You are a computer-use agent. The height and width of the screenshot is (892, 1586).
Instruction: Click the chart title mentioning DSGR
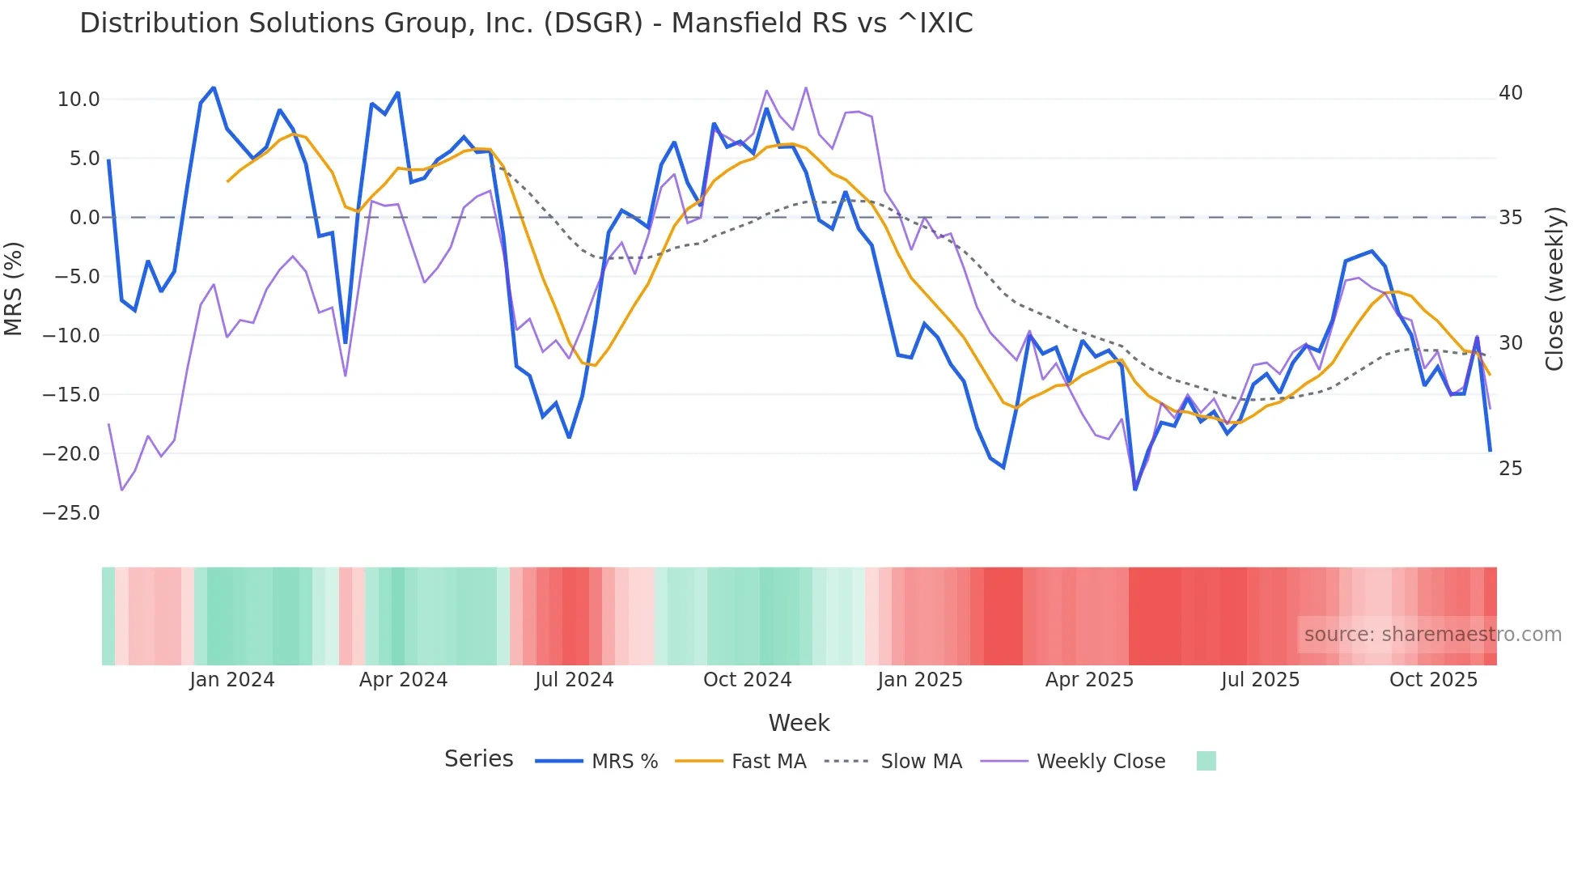click(x=526, y=23)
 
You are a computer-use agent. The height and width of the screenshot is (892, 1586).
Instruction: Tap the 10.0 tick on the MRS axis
click(x=78, y=100)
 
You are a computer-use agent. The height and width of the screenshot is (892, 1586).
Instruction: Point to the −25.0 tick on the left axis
click(x=71, y=513)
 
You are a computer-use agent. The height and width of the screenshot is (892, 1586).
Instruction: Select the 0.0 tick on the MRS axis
click(x=84, y=218)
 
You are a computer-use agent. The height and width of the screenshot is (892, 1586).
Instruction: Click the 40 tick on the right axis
click(x=1510, y=93)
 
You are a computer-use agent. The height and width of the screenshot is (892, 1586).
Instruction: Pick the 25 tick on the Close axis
click(x=1510, y=469)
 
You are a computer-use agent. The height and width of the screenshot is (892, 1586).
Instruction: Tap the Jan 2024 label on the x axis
click(x=232, y=680)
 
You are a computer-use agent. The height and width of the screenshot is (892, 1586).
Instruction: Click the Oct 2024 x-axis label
click(x=747, y=680)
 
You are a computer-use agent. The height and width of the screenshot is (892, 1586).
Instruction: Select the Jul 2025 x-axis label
click(x=1260, y=680)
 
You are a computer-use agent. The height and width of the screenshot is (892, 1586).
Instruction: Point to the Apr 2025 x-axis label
click(x=1089, y=680)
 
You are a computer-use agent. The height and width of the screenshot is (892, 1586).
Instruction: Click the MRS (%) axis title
click(x=14, y=288)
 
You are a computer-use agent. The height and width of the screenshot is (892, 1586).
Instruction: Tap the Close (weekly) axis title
click(x=1554, y=289)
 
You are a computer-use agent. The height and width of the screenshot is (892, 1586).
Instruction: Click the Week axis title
click(x=799, y=723)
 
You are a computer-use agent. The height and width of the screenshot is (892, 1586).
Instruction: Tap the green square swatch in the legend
click(x=1206, y=761)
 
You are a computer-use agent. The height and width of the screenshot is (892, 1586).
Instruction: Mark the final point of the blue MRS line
click(x=1490, y=450)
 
